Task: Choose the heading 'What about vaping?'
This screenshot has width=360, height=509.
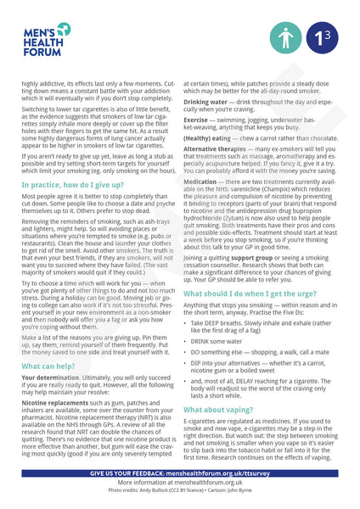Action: pos(222,410)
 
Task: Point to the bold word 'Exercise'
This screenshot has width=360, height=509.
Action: pos(198,120)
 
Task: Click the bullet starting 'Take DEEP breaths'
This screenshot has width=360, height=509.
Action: pos(255,327)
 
